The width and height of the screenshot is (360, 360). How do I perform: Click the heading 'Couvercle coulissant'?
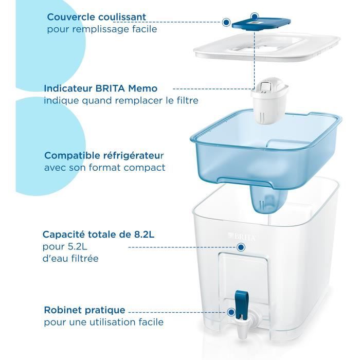pos(97,17)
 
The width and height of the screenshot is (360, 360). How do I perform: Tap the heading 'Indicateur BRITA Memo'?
pos(100,88)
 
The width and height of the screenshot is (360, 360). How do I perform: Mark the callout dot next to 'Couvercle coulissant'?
pos(226,22)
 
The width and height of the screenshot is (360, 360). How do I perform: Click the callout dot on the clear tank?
pos(240,247)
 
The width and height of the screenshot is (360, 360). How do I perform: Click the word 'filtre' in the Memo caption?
pos(187,100)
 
